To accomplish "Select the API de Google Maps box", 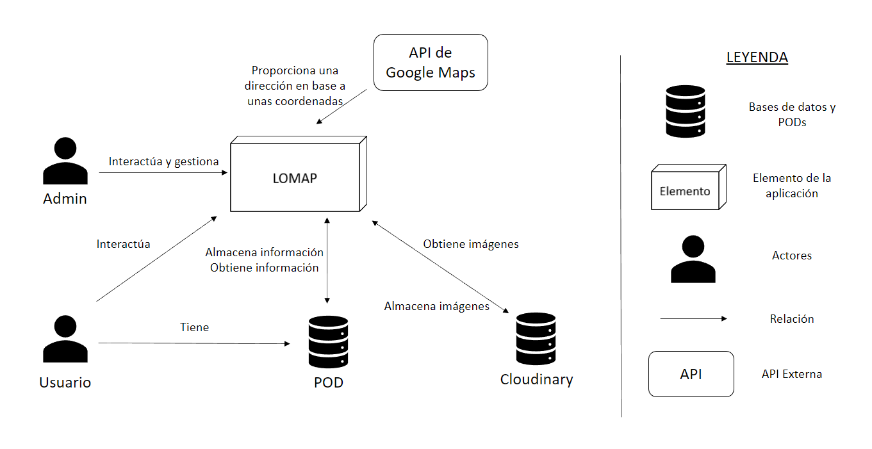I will (x=431, y=62).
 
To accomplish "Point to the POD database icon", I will (x=328, y=341).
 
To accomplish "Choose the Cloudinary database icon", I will (x=536, y=339).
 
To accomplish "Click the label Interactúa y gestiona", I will (x=163, y=161).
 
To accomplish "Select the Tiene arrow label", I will (x=194, y=327).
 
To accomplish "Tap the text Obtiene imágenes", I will (x=471, y=244).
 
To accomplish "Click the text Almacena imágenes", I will (x=437, y=306).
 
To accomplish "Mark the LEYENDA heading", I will (x=757, y=58).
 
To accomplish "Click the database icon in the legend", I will (x=685, y=111).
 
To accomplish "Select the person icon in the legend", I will (x=693, y=259).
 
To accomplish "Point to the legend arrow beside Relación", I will (x=693, y=318).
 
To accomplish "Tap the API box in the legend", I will (x=691, y=374).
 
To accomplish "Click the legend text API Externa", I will (x=792, y=374).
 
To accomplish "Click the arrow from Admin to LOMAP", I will (x=163, y=173).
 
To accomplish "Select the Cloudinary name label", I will (x=536, y=379).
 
